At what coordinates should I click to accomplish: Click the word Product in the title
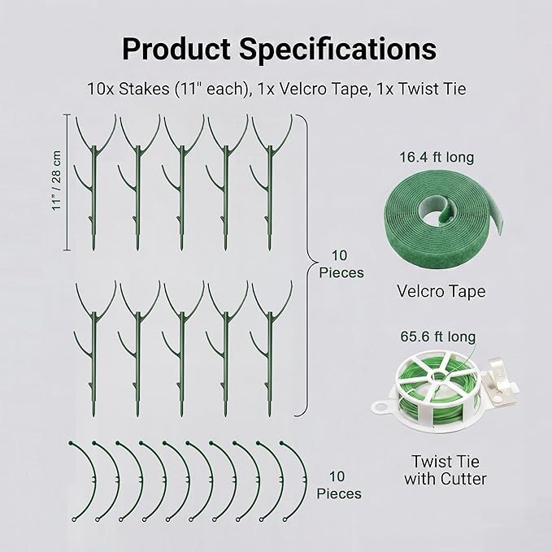pos(176,49)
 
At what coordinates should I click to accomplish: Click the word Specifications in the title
pos(338,50)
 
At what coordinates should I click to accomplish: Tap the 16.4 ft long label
pos(437,157)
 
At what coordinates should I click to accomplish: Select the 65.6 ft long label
pos(438,337)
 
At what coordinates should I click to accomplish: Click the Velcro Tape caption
pos(441,292)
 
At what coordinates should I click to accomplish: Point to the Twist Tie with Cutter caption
pos(446,470)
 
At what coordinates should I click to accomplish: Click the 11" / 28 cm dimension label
pos(56,180)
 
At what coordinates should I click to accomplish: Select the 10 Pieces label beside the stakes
pos(341,264)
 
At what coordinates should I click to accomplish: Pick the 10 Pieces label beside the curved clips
pos(339,485)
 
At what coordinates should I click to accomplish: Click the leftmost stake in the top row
pos(93,182)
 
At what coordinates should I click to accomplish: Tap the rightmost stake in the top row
pos(270,182)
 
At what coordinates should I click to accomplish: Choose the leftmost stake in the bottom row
pos(93,349)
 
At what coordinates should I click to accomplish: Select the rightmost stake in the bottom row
pos(270,349)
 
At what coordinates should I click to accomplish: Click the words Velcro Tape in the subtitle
pos(323,89)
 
